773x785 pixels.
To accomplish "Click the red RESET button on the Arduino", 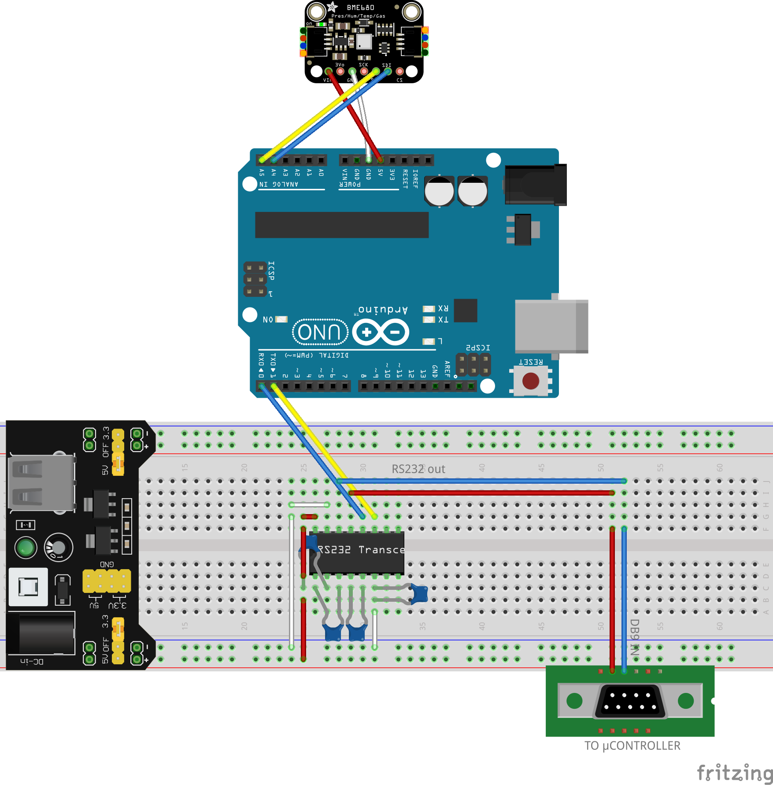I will (530, 381).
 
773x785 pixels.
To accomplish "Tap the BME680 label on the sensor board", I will (360, 7).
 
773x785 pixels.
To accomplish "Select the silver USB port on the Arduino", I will (551, 326).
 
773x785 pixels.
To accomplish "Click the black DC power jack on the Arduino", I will (535, 185).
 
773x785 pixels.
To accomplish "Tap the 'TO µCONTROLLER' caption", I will (632, 745).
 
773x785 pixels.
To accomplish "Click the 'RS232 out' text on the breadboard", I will (418, 469).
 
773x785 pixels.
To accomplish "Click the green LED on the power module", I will (26, 548).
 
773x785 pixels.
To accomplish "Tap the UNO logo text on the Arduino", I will (320, 332).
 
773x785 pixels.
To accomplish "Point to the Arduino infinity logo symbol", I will (381, 332).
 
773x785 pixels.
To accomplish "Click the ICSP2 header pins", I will (473, 365).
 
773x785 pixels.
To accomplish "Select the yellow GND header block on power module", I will (107, 581).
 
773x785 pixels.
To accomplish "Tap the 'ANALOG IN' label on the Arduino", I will (279, 184).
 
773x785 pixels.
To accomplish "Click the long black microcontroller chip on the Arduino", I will (341, 225).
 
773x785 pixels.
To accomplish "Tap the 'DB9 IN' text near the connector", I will (634, 637).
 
